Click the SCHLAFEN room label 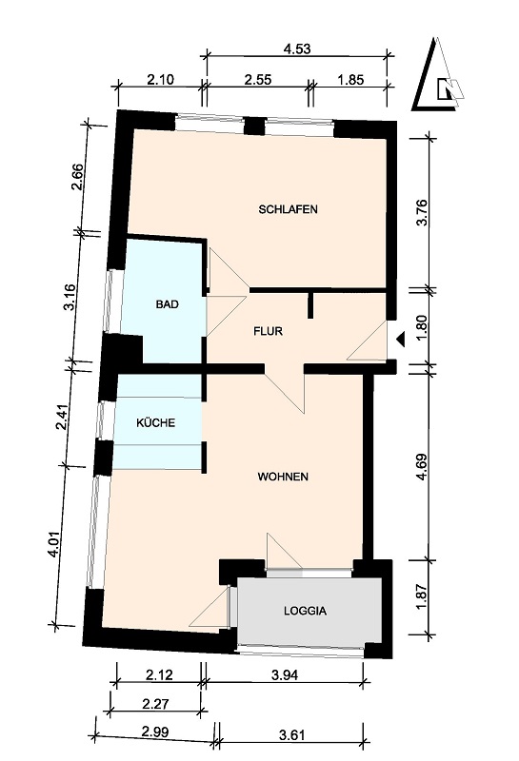(289, 209)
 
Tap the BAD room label (168, 304)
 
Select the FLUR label (269, 331)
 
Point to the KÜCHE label (155, 422)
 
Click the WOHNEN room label (283, 477)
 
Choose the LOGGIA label (305, 611)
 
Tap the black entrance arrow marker (401, 340)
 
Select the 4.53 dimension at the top (297, 49)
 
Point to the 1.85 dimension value (350, 79)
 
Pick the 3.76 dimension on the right (422, 212)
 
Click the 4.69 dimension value (422, 466)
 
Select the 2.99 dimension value (155, 732)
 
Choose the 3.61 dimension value (292, 734)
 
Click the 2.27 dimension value (155, 704)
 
